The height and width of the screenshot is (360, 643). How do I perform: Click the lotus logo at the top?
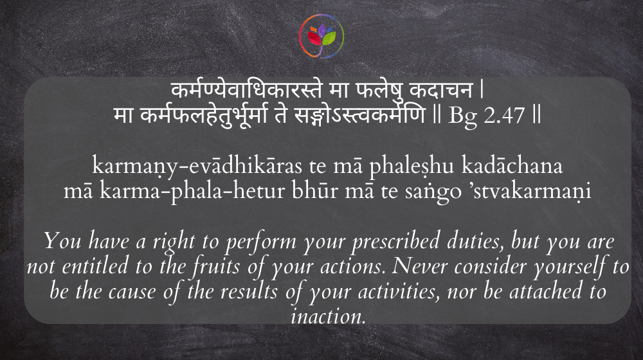click(x=321, y=36)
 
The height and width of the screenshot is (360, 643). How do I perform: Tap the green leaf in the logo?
click(x=329, y=38)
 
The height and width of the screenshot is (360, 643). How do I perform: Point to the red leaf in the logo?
click(x=314, y=38)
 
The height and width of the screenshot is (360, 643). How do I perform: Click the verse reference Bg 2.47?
click(x=486, y=115)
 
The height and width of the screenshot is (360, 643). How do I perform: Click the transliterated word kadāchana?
click(x=512, y=165)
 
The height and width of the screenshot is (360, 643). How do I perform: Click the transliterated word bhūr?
click(x=315, y=191)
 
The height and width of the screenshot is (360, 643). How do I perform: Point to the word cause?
click(x=132, y=292)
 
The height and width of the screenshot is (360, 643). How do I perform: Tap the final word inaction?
click(x=328, y=316)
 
